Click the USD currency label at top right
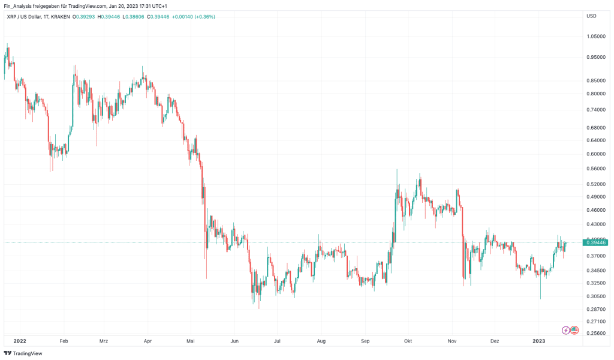591,16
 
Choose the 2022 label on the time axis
19,341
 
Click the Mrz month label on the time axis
104,341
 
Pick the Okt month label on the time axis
408,341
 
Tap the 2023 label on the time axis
538,341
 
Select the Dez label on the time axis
495,341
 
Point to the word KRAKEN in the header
60,16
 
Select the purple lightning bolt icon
565,330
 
